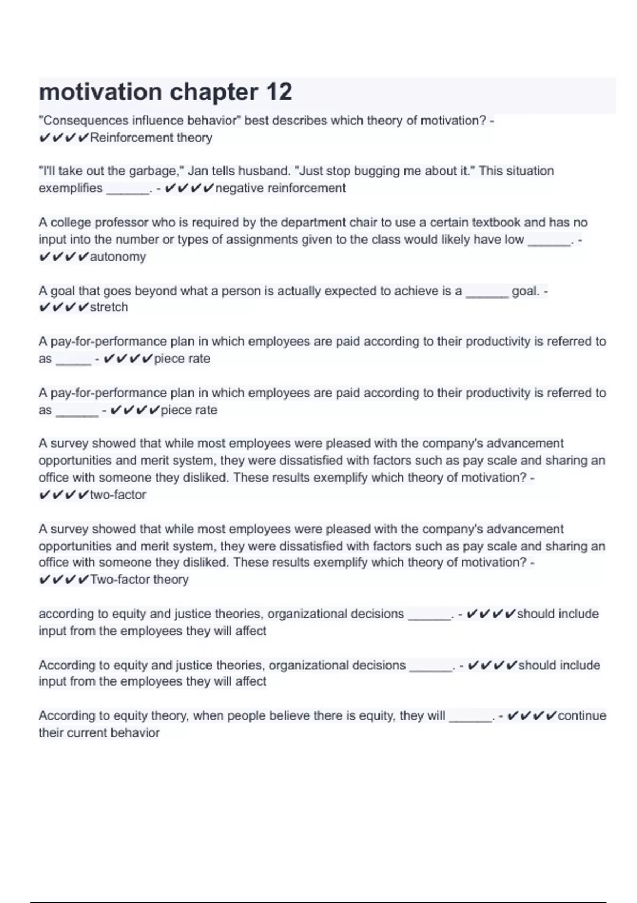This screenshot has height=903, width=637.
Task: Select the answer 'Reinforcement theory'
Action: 151,138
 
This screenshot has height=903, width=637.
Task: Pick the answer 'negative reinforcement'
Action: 280,188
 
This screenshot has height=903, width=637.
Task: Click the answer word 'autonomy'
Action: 118,257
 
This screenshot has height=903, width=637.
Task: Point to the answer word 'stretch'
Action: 109,307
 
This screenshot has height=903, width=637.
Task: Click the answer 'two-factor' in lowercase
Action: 118,495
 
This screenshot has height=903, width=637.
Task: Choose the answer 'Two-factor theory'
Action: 139,580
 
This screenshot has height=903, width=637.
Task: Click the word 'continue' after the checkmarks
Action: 582,716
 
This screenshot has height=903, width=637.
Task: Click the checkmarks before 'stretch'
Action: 64,308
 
